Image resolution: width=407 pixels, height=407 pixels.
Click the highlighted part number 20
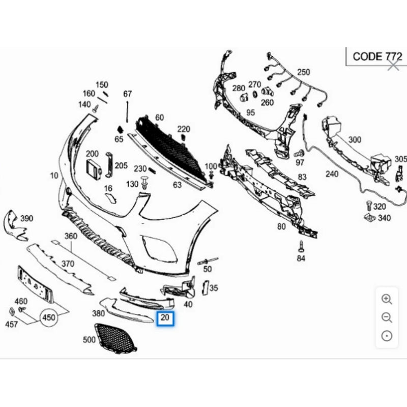(x=165, y=319)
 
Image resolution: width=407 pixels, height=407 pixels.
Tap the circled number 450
(x=49, y=317)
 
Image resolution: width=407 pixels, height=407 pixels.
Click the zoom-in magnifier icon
(x=387, y=300)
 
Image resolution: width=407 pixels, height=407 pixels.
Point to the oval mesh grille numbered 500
(x=116, y=338)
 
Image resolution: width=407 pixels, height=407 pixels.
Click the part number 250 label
(x=303, y=72)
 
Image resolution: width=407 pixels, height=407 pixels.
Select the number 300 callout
(x=355, y=139)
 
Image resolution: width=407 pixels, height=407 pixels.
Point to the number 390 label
(x=26, y=218)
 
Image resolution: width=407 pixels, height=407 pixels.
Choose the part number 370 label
(x=68, y=264)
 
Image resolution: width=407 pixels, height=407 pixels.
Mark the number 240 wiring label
(x=332, y=174)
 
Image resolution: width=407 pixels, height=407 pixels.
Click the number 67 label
(x=127, y=94)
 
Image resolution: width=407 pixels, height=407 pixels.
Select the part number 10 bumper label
(x=54, y=176)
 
